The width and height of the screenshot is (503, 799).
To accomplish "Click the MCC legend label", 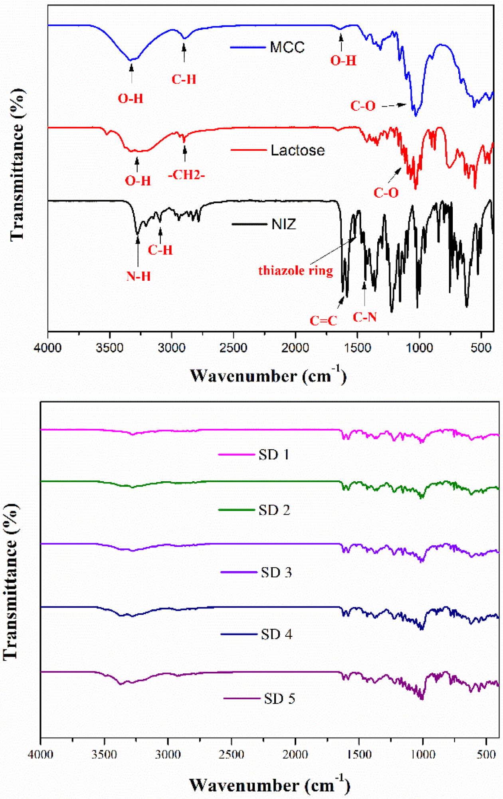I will coord(287,47).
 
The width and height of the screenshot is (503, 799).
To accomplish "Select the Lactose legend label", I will coord(297,150).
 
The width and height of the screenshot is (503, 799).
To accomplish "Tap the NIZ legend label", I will coord(284,224).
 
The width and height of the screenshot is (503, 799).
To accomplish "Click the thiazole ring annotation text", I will coord(295,271).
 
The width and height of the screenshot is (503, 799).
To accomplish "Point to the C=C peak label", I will coord(323,321).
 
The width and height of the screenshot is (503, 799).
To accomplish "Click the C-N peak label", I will coord(364,317).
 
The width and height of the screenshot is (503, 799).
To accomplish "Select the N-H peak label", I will coord(139,276).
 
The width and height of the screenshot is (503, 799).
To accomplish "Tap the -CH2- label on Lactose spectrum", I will coord(186,175).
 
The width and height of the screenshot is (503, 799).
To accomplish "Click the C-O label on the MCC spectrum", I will coord(363,106).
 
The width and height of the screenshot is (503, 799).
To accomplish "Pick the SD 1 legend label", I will coord(274,455).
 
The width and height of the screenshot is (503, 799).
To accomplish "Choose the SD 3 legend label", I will coord(276,572).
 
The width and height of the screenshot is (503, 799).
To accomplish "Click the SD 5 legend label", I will coord(279,699).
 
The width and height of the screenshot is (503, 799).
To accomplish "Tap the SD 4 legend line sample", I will coord(239,634).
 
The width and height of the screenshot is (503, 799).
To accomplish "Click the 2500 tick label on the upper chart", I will coord(233,348).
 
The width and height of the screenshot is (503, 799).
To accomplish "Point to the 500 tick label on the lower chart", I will coord(486,754).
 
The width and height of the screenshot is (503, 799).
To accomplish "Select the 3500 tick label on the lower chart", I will coord(104,754).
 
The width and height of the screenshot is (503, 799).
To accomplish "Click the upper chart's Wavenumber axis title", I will coord(268,376).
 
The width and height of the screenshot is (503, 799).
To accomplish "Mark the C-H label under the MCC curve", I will coord(184,79).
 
